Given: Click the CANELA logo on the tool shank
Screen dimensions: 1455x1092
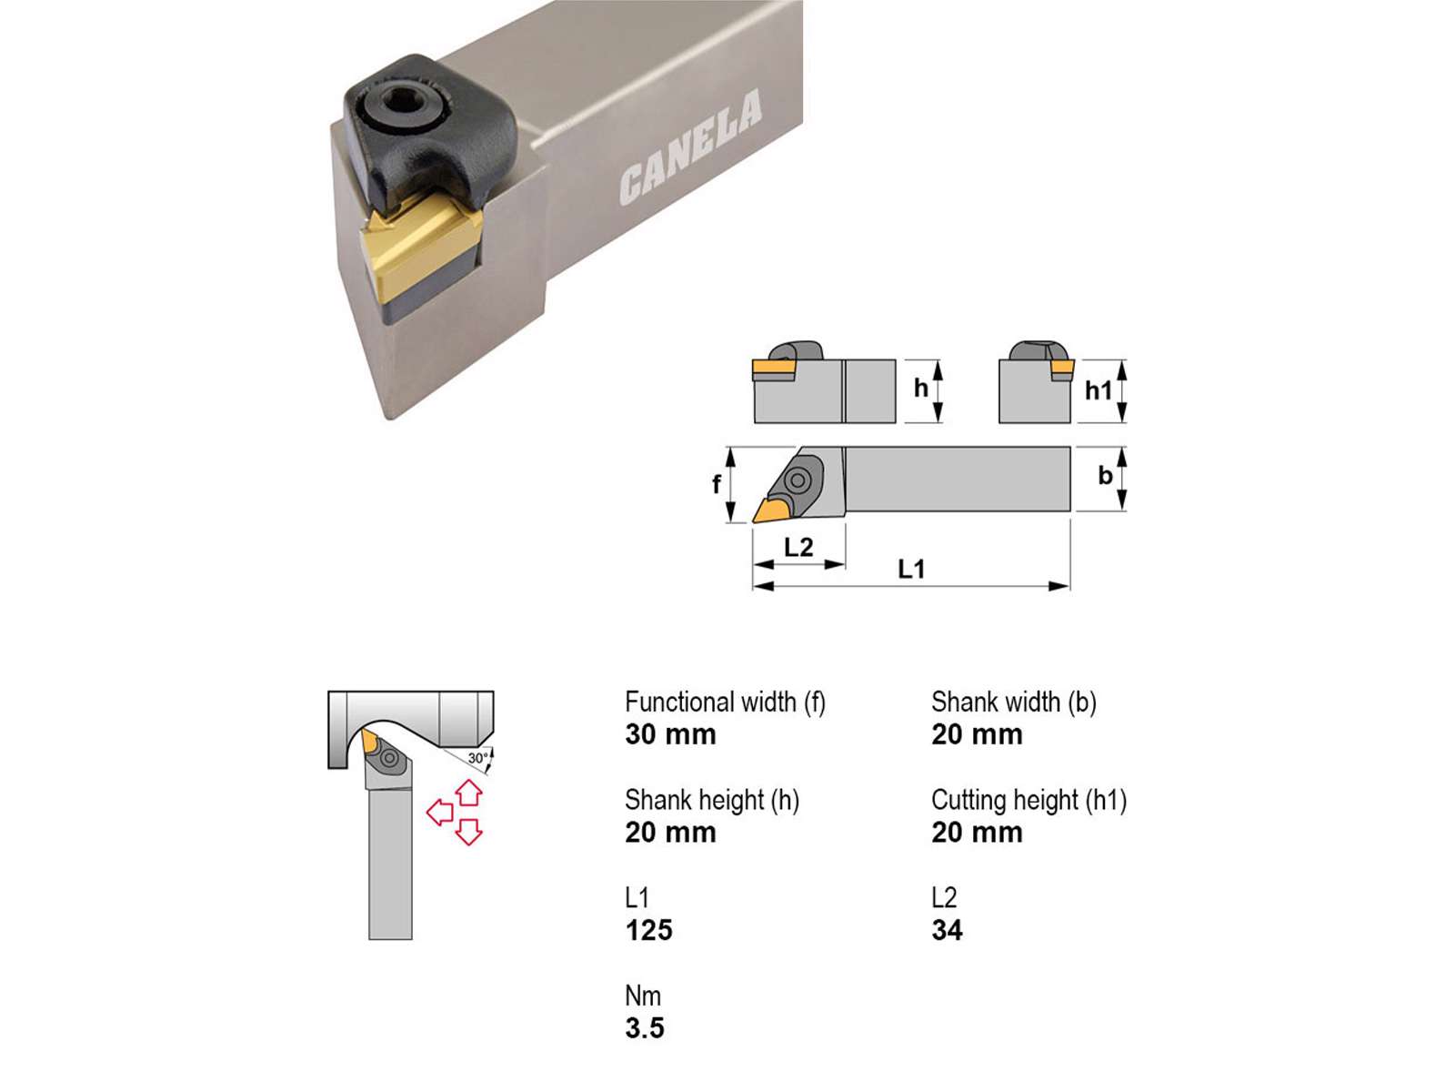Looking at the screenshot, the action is [x=690, y=147].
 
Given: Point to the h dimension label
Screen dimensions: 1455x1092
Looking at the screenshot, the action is [x=920, y=388].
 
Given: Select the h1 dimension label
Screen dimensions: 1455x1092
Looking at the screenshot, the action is [x=1098, y=390].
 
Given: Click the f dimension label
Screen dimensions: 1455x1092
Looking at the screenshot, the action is [x=716, y=484].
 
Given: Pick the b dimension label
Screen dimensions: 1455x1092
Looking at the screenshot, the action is [x=1105, y=475].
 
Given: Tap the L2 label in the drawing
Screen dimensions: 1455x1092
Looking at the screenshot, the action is [x=798, y=548].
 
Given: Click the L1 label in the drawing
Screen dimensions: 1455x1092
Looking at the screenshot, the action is [x=911, y=569].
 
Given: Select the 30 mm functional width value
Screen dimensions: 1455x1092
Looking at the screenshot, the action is [x=670, y=734].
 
